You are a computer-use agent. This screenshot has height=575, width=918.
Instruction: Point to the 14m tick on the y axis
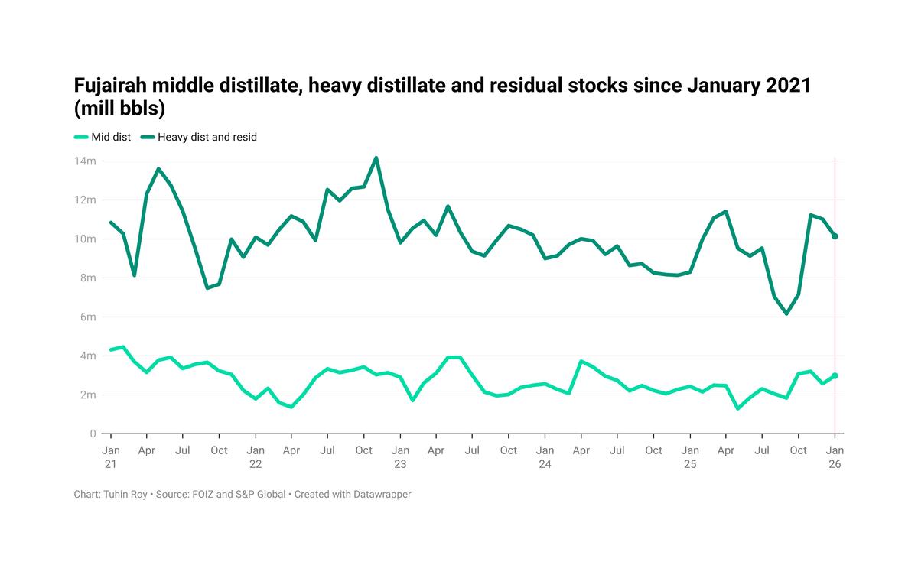[86, 161]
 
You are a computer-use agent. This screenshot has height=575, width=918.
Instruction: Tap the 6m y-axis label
[87, 317]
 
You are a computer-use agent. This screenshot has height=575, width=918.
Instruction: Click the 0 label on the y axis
[93, 434]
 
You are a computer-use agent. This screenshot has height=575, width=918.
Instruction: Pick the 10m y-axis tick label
[86, 239]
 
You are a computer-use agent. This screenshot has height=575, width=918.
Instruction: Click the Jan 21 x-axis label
[111, 457]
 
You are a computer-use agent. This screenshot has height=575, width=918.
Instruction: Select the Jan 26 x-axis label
[835, 457]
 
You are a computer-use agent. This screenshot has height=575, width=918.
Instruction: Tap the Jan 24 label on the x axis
[545, 457]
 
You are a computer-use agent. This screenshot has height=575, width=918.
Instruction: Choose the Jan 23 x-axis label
[400, 457]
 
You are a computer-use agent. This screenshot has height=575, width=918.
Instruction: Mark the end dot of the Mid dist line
[835, 375]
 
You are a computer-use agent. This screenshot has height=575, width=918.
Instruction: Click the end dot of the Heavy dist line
[835, 236]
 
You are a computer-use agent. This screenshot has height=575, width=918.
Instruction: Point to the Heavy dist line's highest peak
[376, 158]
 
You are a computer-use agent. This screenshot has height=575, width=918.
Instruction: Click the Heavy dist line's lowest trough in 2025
[786, 313]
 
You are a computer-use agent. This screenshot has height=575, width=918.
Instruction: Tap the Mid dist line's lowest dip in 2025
[738, 408]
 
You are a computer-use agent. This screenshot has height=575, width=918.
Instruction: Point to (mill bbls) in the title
[120, 109]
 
